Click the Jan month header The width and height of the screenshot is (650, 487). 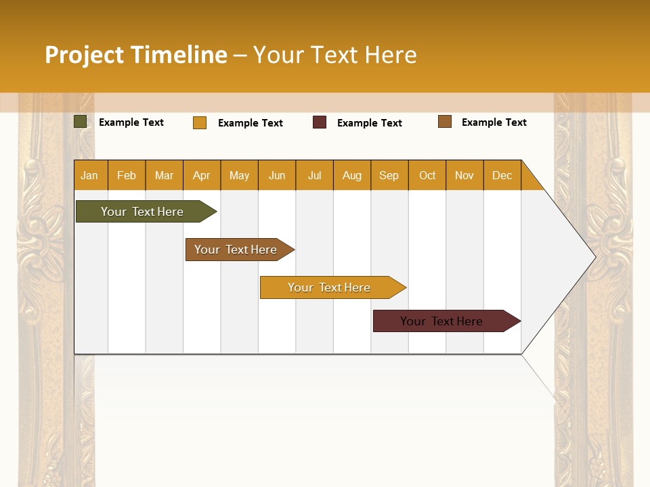90,175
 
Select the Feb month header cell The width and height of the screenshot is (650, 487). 127,175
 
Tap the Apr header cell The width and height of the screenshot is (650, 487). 202,175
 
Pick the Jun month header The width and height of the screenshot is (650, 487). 277,175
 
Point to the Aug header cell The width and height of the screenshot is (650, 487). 352,175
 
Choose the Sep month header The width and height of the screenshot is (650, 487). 389,175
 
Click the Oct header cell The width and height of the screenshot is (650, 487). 427,175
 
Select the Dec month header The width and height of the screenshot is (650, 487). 502,175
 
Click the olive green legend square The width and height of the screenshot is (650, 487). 81,122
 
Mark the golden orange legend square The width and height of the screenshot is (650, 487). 200,122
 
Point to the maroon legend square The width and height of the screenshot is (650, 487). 320,122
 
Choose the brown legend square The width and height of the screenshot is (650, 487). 445,122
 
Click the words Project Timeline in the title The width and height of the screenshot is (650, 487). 136,55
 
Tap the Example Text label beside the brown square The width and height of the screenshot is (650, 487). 494,122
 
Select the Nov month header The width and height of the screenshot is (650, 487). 464,175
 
